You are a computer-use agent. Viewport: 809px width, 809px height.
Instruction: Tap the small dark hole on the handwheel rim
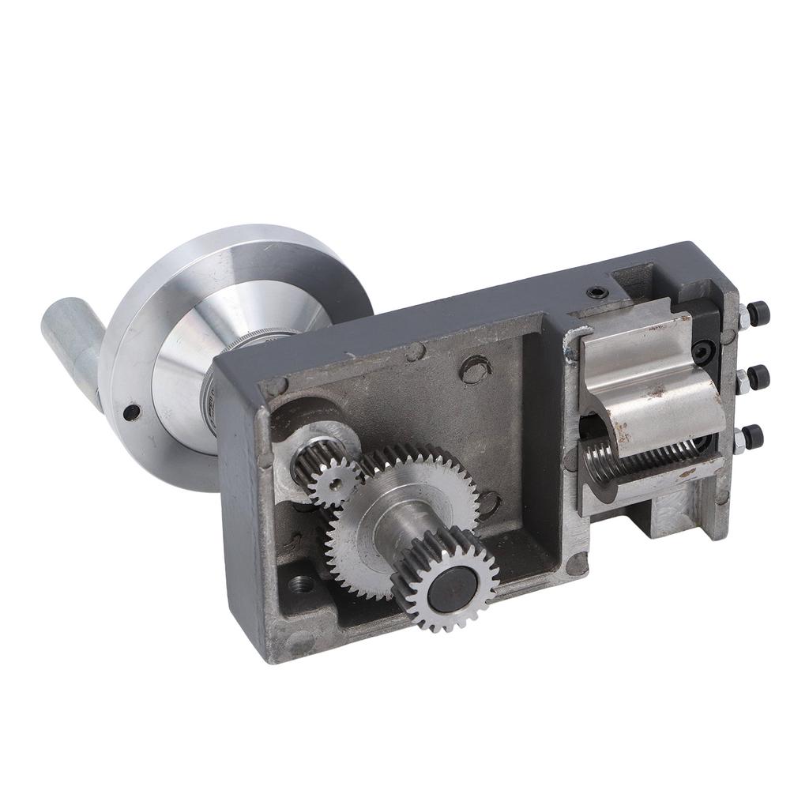pyautogui.click(x=132, y=412)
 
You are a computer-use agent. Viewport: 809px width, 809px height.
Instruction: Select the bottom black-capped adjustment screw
pyautogui.click(x=754, y=435)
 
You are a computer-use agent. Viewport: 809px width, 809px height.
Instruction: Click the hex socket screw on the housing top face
pyautogui.click(x=598, y=293)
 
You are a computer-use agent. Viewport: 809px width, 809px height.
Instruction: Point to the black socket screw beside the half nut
pyautogui.click(x=701, y=348)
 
